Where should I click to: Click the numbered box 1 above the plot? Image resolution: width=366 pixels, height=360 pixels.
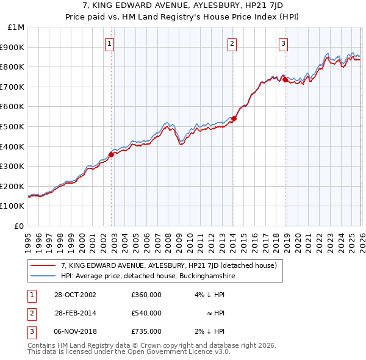click(109, 43)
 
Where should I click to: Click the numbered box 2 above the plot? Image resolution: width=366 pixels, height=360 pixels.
click(232, 43)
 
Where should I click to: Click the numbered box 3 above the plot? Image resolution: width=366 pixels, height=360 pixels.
click(284, 43)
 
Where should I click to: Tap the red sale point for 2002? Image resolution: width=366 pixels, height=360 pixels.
click(112, 154)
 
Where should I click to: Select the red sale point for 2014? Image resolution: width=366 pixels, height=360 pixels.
click(234, 118)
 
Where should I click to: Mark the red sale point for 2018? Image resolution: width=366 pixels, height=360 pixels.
click(285, 79)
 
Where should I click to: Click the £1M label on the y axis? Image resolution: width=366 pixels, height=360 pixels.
click(16, 27)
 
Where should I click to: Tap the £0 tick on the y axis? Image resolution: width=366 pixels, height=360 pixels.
click(20, 226)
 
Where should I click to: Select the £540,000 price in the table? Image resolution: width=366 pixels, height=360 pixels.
click(146, 313)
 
